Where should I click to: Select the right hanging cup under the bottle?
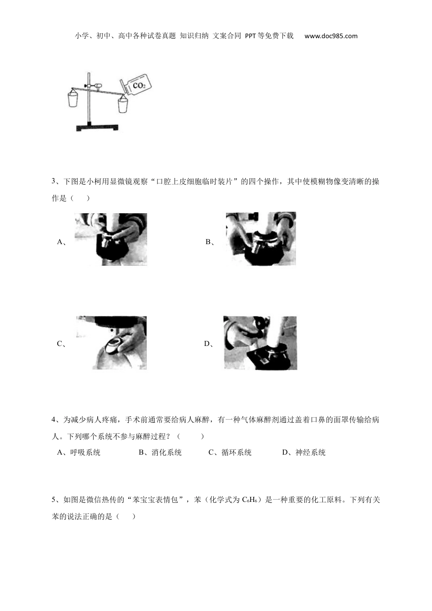click(123, 105)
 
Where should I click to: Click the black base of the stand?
click(97, 128)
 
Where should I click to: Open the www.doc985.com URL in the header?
click(331, 36)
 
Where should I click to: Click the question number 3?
click(54, 182)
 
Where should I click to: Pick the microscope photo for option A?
click(111, 239)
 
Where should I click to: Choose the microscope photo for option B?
click(261, 239)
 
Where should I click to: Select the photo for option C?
click(111, 343)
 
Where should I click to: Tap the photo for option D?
click(261, 343)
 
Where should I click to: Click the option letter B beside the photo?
click(208, 242)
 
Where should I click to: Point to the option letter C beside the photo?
click(60, 344)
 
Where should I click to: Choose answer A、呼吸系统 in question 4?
click(79, 452)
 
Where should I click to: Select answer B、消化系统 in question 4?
click(160, 452)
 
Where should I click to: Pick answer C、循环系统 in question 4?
click(230, 452)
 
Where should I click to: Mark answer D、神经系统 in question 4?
click(304, 452)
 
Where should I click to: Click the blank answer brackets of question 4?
click(190, 436)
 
